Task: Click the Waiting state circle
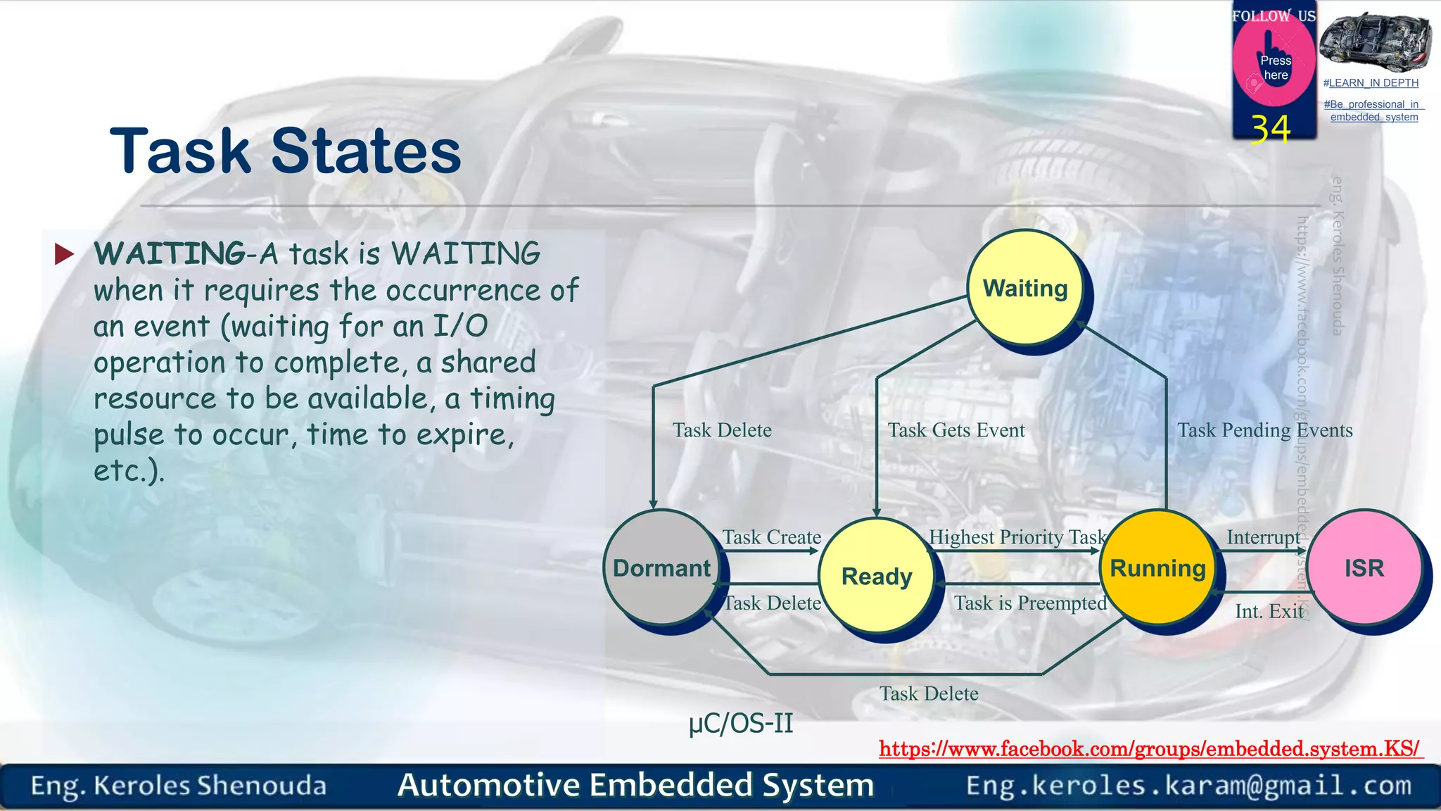tap(1025, 289)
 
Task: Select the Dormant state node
tap(661, 567)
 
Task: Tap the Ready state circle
tap(877, 576)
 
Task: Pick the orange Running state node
tap(1157, 567)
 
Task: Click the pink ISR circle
tap(1364, 567)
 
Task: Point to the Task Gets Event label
tap(956, 430)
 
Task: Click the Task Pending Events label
tap(1264, 430)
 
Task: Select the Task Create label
tap(772, 537)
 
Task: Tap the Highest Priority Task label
tap(1017, 537)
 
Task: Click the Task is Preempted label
tap(1030, 603)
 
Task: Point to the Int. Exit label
tap(1269, 611)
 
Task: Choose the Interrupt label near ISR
tap(1264, 537)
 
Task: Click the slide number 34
tap(1271, 130)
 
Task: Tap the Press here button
tap(1275, 68)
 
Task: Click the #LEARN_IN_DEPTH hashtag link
tap(1371, 83)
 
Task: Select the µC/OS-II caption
tap(741, 723)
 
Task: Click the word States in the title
tap(366, 151)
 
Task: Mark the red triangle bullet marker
tap(64, 254)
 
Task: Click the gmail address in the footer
tap(1188, 785)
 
